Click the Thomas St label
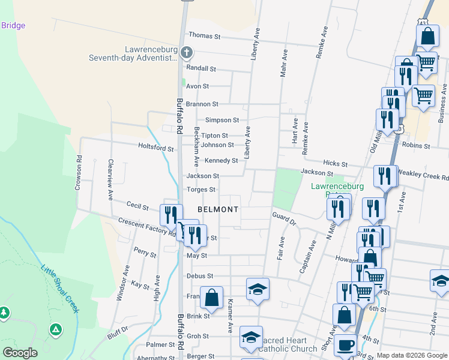pos(205,36)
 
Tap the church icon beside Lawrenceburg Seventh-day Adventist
pos(186,52)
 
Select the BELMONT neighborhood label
pos(218,209)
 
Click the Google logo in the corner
pos(20,353)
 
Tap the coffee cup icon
pos(346,347)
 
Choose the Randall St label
pos(201,68)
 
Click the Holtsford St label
pos(156,147)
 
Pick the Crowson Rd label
pos(79,173)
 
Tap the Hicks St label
pos(335,163)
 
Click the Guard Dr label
pos(284,218)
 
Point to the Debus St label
pos(200,276)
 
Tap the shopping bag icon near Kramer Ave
pos(212,298)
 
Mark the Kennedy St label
pos(221,161)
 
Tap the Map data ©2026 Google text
pos(412,355)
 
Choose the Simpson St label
pos(222,121)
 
